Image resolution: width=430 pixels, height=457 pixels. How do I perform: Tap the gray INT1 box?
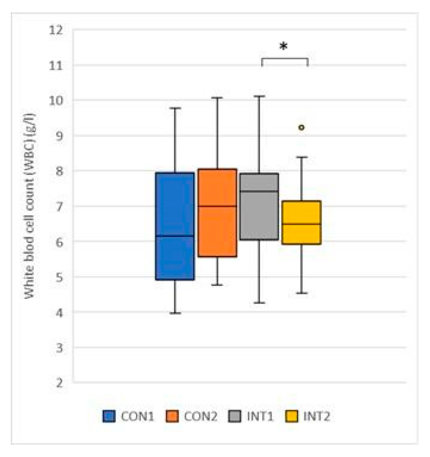(x=259, y=207)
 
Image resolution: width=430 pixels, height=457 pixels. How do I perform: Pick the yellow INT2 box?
(x=301, y=222)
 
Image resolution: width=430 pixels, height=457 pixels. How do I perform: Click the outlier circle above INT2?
(x=301, y=127)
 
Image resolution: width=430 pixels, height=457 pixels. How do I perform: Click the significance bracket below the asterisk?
(x=285, y=59)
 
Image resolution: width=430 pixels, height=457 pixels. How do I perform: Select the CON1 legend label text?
(x=137, y=417)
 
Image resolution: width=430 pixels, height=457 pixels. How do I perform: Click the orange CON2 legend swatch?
(x=172, y=417)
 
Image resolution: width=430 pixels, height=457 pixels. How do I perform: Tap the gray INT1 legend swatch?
(x=234, y=417)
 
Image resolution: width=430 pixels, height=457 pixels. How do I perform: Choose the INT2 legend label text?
(x=316, y=417)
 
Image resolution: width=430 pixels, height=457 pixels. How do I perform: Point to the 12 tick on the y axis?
(x=55, y=30)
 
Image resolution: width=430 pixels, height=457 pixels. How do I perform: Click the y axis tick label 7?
(x=59, y=207)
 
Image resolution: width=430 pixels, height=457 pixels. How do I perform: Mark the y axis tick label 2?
(x=59, y=383)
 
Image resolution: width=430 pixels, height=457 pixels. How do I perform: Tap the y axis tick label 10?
(x=55, y=101)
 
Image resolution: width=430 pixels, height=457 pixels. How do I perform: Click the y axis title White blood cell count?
(x=30, y=206)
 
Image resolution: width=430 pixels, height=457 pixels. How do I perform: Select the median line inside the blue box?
(x=175, y=236)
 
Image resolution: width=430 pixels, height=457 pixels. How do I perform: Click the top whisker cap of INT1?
(x=259, y=96)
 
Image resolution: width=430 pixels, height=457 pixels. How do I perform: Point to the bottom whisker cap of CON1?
(x=175, y=313)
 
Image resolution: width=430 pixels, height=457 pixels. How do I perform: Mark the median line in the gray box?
(x=259, y=191)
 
